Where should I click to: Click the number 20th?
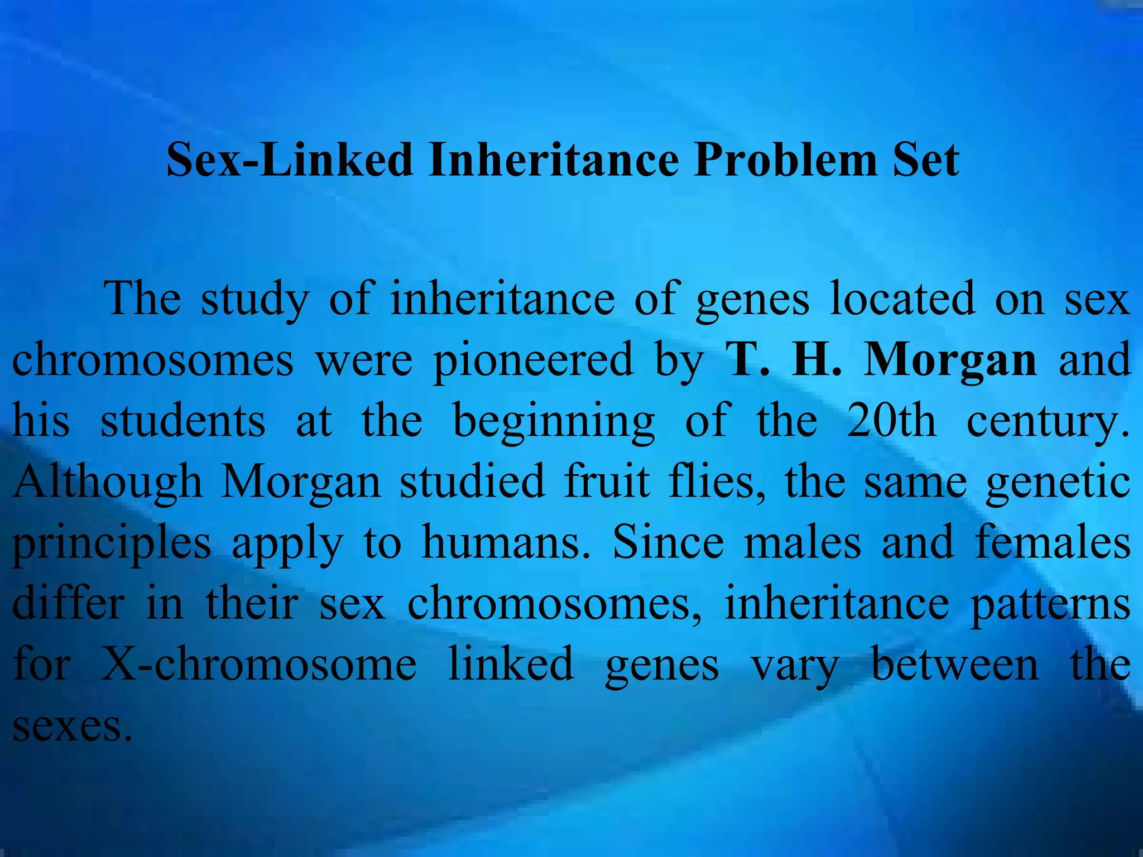click(x=891, y=420)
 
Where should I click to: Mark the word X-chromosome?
click(x=258, y=664)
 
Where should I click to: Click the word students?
click(x=183, y=420)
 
